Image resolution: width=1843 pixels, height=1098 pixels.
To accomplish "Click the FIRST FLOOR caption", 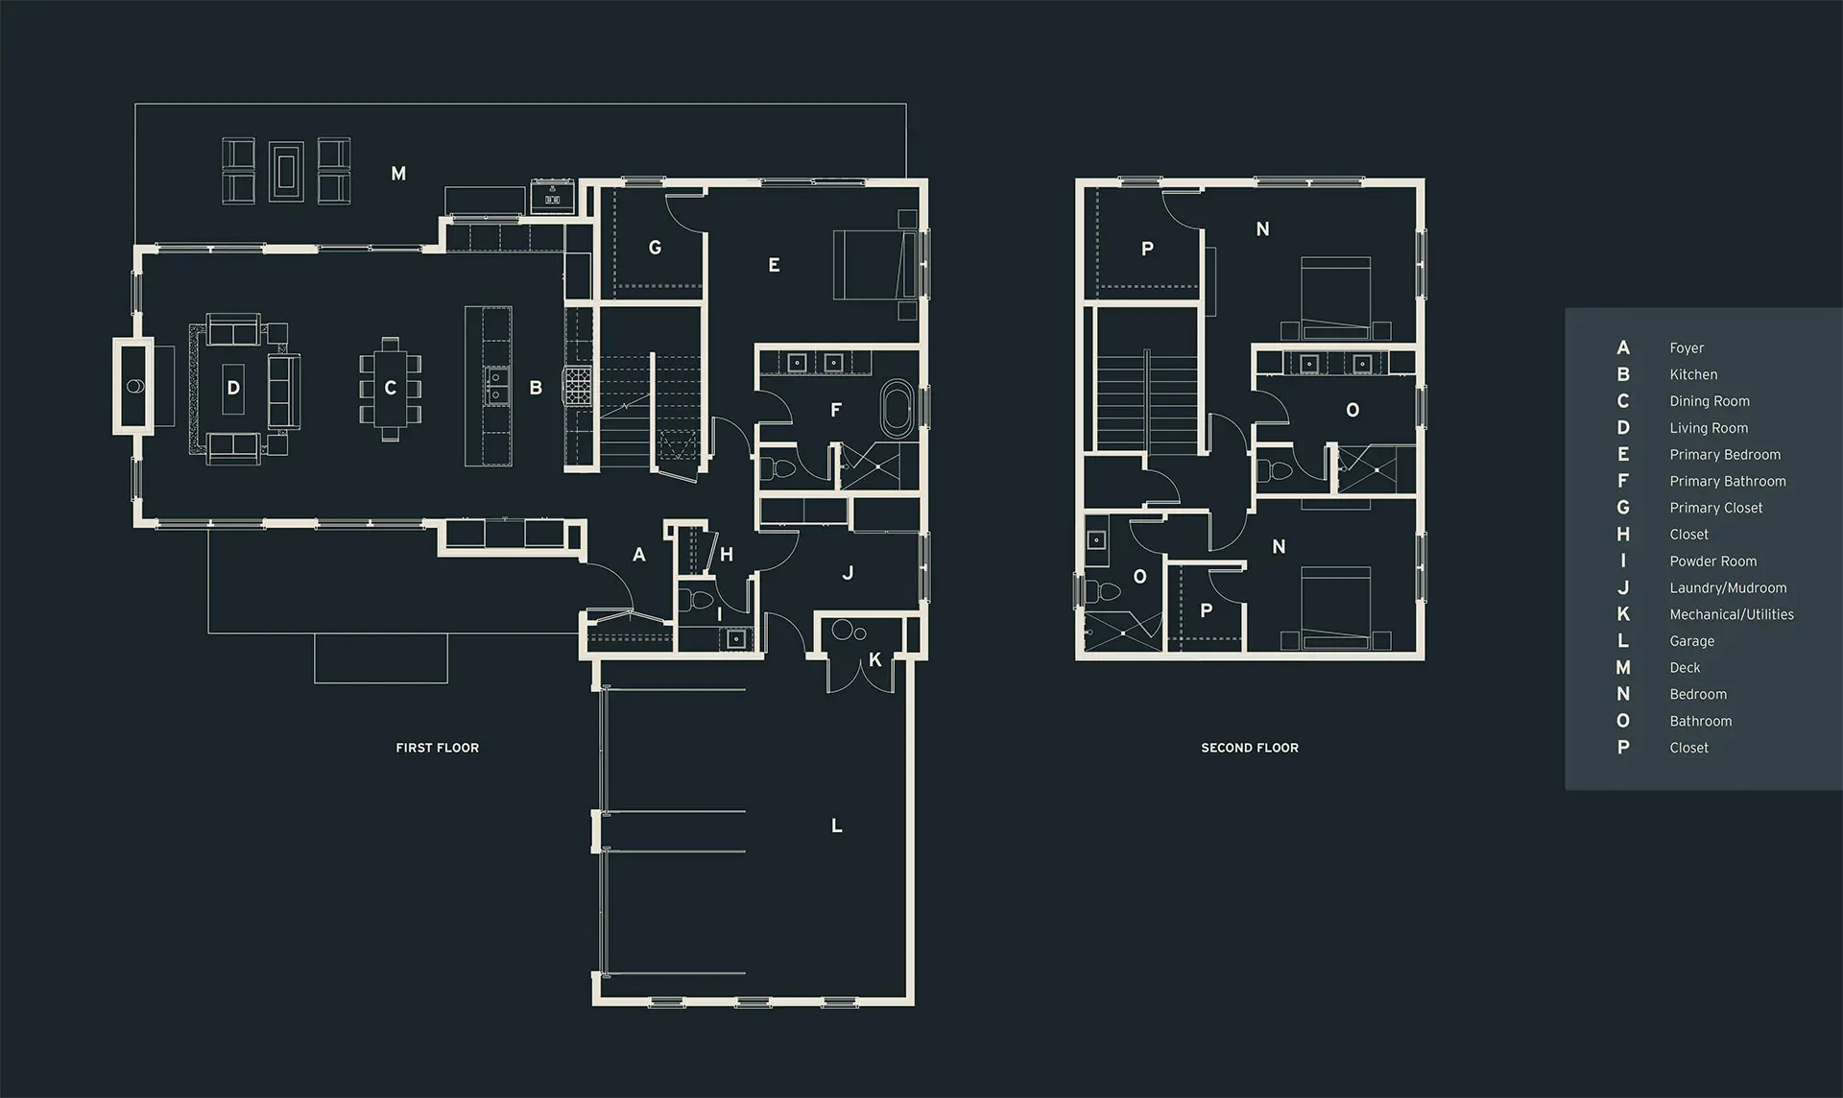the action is (437, 748).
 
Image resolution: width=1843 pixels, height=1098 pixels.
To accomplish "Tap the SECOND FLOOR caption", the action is (1250, 748).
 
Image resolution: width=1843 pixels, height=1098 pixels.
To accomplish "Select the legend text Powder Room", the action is (1712, 561).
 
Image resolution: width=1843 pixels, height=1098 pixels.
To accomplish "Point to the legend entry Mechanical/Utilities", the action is (1732, 614).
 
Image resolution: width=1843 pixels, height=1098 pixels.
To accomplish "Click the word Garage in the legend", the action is (1691, 641).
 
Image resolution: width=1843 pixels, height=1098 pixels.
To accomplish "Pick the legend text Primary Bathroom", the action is (1728, 481).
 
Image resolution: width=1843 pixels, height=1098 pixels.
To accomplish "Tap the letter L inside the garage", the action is (837, 825).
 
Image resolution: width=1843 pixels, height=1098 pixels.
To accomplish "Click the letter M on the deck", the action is (398, 174).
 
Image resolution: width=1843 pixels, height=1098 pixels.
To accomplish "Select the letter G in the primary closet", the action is (655, 248).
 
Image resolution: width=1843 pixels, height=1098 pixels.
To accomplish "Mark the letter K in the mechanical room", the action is (874, 660).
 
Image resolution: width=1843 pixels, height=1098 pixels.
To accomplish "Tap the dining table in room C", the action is (390, 389).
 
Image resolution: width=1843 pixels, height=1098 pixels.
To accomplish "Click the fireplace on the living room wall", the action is (133, 386).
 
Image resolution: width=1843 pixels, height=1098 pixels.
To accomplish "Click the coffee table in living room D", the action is (233, 388).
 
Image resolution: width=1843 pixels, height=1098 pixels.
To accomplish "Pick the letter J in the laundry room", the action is (847, 573).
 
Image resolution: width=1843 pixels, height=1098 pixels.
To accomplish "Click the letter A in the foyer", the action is (639, 555).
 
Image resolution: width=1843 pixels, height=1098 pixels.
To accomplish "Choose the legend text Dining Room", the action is (1710, 401).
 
